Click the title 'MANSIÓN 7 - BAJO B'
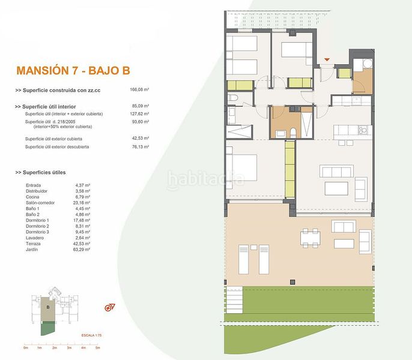coord(74,70)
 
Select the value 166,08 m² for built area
coord(139,90)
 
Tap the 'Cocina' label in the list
coord(33,197)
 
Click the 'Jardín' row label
coord(32,249)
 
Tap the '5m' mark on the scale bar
coord(97,347)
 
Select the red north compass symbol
coord(109,308)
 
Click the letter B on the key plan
coord(47,307)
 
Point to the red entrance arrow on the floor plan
coord(327,59)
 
